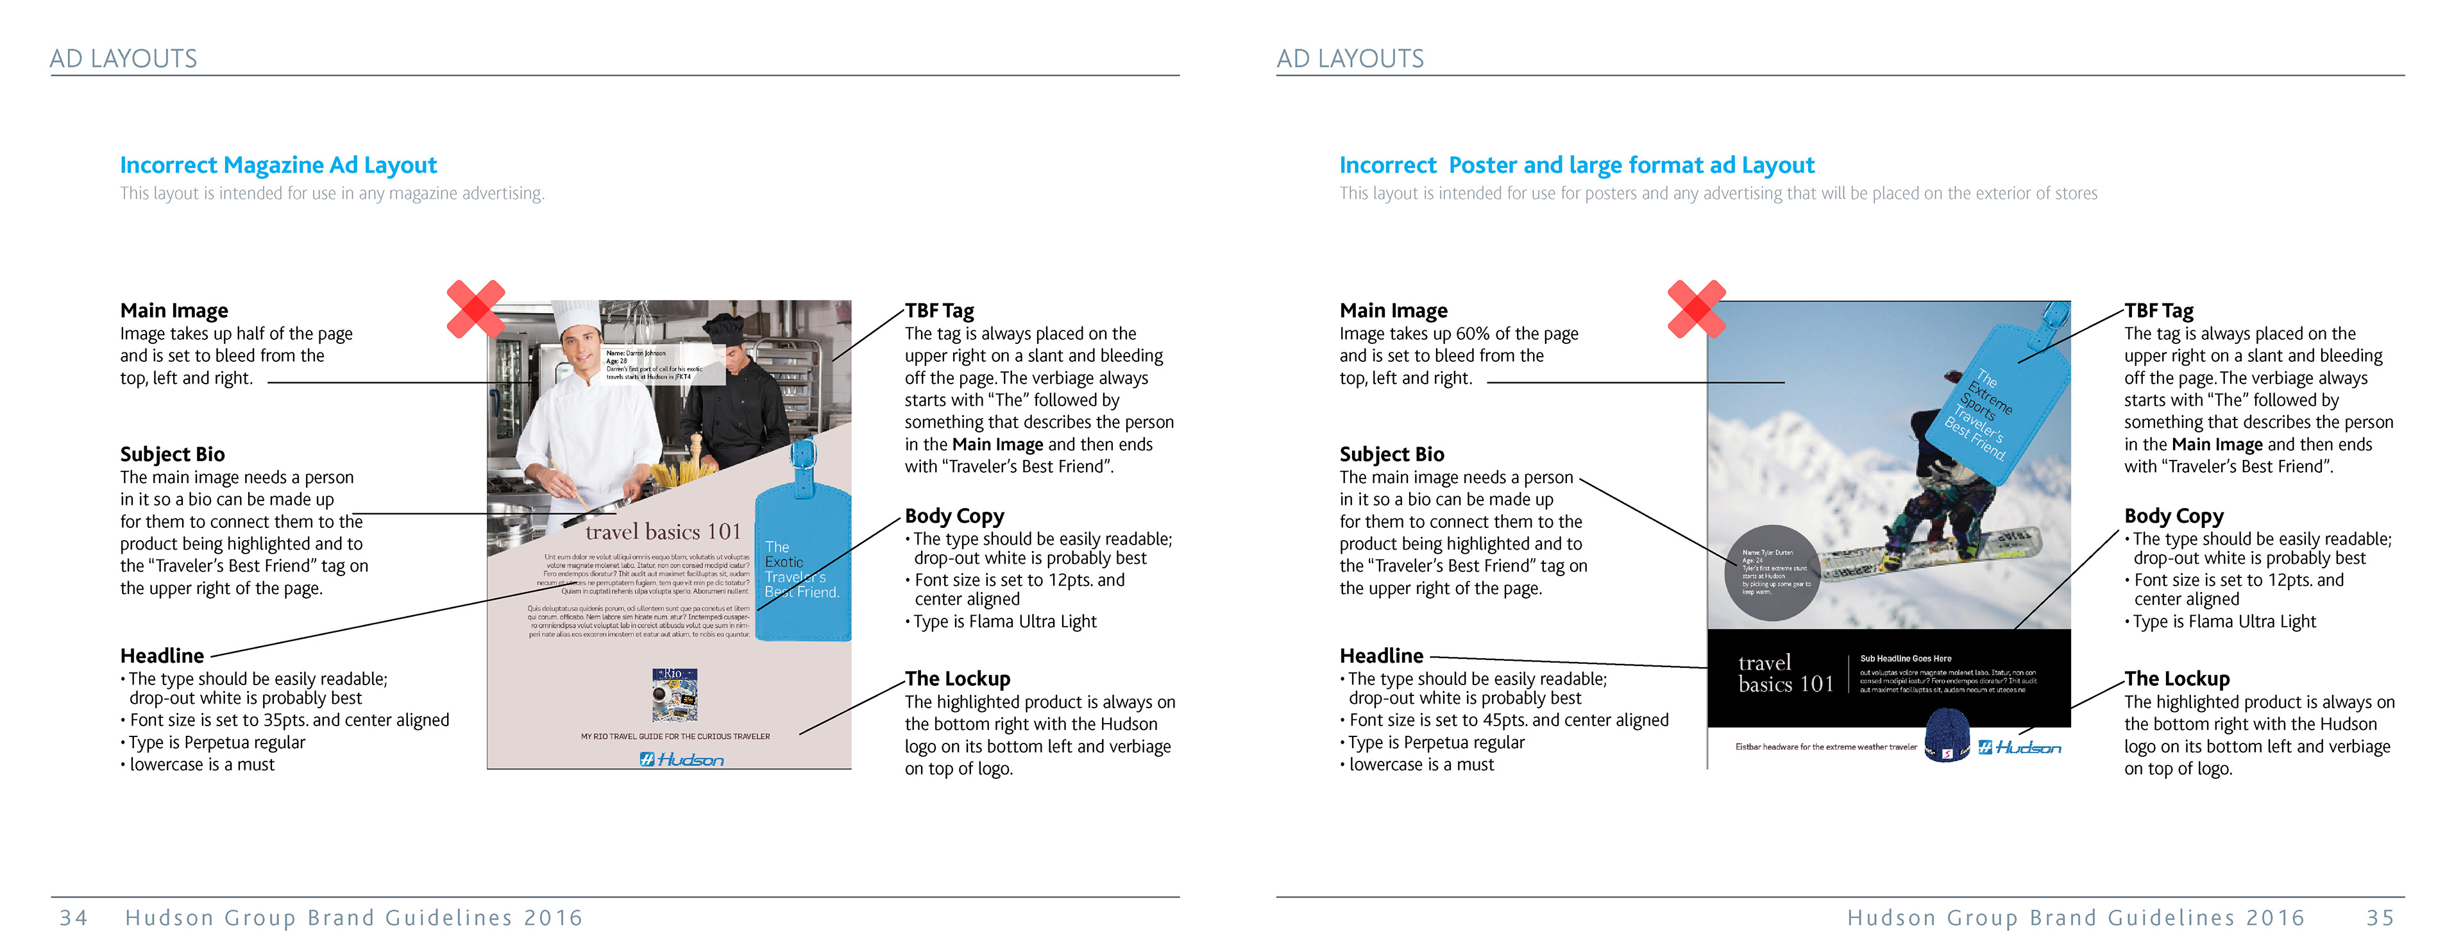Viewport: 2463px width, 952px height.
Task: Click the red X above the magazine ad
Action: [475, 309]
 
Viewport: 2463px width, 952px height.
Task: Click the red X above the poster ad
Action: [1696, 309]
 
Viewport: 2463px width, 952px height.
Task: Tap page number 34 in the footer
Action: [74, 917]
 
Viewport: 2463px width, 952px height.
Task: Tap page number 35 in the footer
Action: [2380, 917]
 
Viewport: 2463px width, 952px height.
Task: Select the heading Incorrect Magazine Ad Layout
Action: [278, 166]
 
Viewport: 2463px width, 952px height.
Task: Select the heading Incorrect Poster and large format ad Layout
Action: [1576, 166]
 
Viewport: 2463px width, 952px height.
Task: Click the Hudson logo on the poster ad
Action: [2019, 747]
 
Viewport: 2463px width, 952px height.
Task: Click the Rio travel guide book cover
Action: [674, 695]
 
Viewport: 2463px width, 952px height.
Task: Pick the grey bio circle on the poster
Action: [1771, 572]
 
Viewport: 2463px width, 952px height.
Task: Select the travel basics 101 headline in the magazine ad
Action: [663, 531]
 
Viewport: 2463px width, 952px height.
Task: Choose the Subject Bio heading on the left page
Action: [172, 454]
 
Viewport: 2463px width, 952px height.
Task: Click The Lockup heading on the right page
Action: [2176, 679]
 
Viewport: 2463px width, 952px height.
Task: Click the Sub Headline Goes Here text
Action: [1904, 659]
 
